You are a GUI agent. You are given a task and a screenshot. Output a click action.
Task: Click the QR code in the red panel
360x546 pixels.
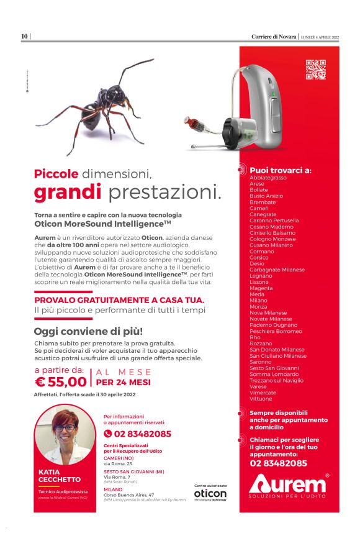315,69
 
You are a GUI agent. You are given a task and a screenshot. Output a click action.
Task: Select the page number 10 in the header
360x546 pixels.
24,37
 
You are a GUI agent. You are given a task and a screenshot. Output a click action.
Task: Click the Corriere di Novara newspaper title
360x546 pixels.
274,37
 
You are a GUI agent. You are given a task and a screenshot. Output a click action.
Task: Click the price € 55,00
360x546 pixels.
60,381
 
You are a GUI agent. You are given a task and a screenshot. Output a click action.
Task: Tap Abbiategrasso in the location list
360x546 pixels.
268,178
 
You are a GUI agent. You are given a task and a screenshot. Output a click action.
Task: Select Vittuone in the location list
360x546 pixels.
261,399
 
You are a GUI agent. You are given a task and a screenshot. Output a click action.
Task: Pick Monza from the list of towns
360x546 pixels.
258,307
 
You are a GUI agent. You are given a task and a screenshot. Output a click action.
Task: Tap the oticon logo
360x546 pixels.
210,493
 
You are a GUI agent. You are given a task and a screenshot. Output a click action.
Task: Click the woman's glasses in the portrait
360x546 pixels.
65,428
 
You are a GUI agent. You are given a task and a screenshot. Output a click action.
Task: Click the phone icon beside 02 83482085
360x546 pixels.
108,434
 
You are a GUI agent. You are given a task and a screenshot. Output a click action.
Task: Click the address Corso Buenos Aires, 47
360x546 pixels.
129,495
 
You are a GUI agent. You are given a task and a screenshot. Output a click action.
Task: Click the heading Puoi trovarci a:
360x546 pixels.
281,170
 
